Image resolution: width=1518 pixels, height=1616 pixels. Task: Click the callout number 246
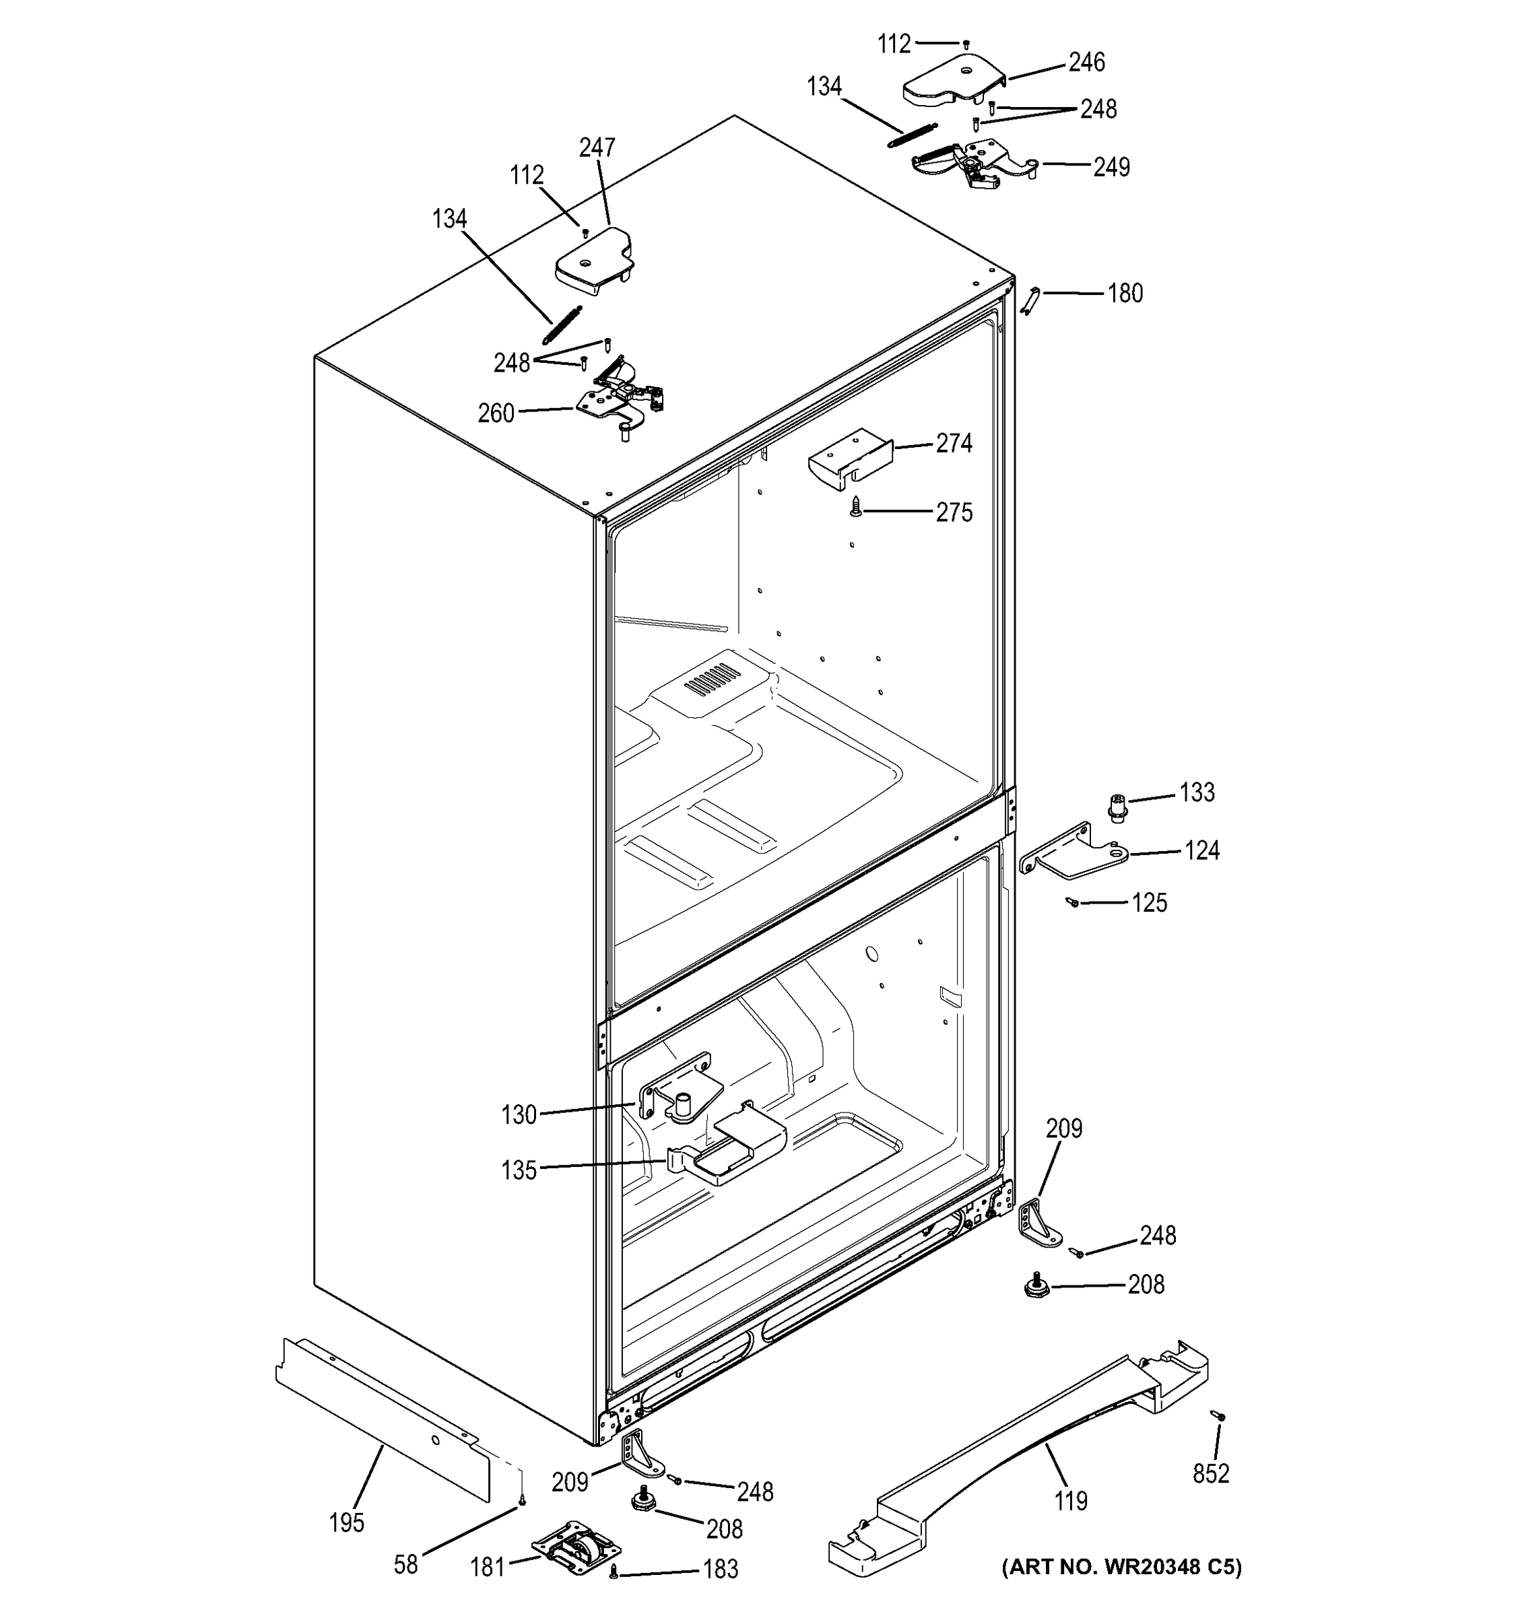tap(1086, 62)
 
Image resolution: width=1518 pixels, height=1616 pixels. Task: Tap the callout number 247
tap(597, 147)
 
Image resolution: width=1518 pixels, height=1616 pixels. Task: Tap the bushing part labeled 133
tap(1119, 807)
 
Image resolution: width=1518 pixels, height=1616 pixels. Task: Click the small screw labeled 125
tap(1074, 902)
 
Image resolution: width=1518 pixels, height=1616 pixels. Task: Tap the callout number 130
tap(519, 1114)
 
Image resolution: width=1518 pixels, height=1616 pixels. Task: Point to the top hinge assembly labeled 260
tap(620, 395)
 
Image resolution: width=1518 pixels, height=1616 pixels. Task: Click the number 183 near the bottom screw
tap(721, 1568)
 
